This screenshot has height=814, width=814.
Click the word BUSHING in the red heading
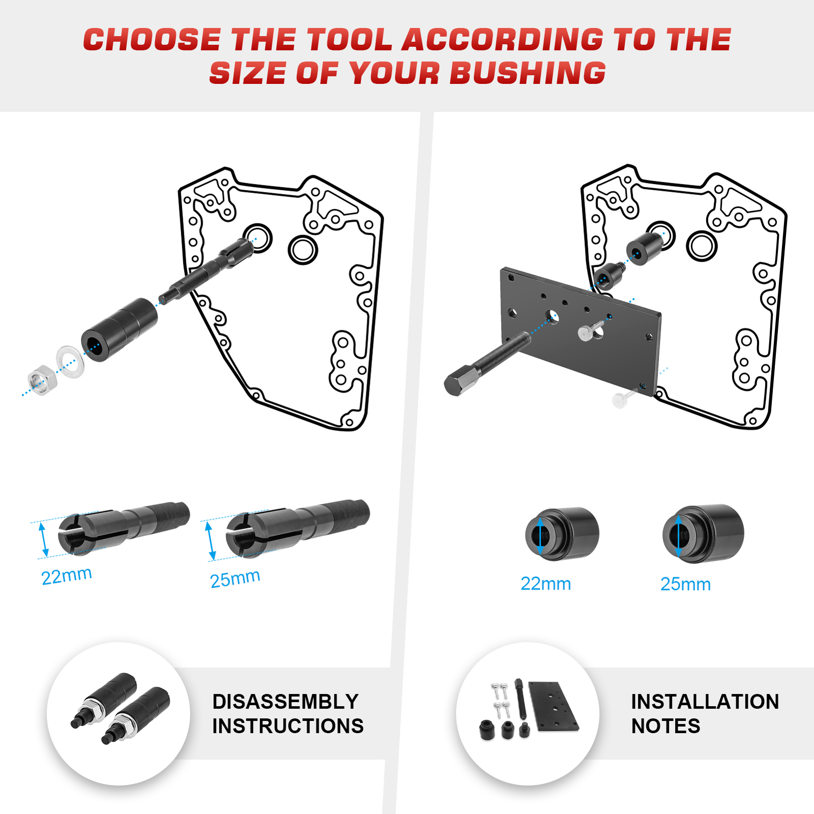coord(528,73)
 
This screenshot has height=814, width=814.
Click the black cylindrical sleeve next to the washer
coord(120,330)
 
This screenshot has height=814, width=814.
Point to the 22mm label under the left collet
coord(67,576)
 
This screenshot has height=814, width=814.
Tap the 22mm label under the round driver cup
coord(545,584)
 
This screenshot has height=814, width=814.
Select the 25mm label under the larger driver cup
coord(685,584)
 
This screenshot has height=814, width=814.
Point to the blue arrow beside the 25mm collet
coord(210,541)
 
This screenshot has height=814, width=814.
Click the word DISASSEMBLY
coord(285,702)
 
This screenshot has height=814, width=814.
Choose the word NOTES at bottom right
coord(665,726)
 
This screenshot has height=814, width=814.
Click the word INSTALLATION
coord(705,702)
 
